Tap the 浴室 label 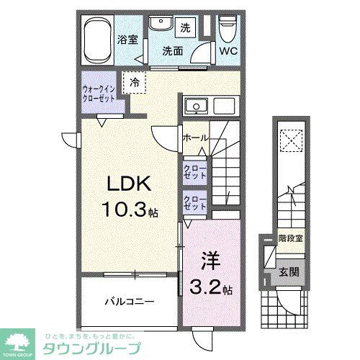(129, 40)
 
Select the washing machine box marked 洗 (185, 27)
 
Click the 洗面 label (172, 51)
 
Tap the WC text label (229, 51)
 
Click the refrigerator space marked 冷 (134, 83)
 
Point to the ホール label (197, 137)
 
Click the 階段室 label (290, 237)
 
